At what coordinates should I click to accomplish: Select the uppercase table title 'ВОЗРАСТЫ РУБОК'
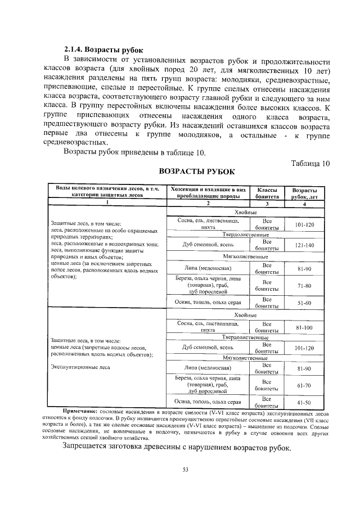click(196, 171)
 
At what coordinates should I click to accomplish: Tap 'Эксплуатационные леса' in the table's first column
click(79, 367)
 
